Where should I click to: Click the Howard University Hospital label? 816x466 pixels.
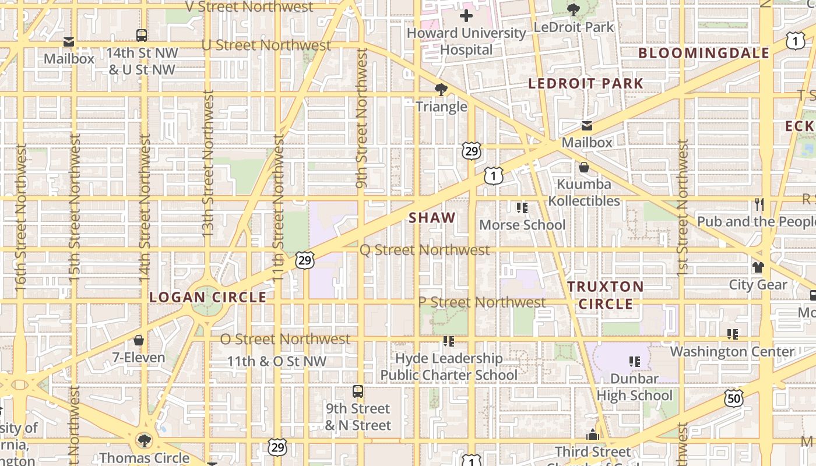466,41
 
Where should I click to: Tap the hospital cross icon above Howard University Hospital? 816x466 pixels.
466,16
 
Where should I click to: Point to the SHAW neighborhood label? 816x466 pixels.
432,218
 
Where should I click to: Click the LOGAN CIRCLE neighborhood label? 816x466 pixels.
207,297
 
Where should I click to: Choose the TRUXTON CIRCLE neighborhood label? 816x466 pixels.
606,295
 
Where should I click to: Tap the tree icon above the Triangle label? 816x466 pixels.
441,90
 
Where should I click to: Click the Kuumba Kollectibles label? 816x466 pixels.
584,192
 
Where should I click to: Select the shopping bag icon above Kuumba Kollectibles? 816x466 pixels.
584,168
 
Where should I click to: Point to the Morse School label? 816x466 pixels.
522,225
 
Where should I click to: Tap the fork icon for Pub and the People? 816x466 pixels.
759,204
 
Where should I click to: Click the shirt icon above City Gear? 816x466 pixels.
758,267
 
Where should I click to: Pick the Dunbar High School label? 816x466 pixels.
634,387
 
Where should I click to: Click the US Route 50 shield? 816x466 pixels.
734,399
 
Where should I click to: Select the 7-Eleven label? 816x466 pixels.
139,358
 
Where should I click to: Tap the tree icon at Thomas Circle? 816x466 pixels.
144,440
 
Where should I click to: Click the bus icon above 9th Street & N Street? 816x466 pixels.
358,391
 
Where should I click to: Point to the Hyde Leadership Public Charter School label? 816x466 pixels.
449,366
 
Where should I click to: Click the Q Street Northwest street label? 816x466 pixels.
424,250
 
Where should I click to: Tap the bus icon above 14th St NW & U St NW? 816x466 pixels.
142,36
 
